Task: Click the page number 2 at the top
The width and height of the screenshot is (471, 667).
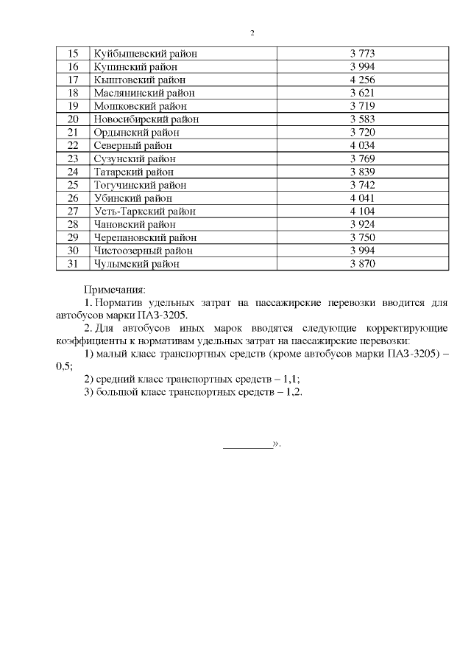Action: coord(252,33)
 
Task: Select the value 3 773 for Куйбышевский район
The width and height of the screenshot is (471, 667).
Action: coord(363,54)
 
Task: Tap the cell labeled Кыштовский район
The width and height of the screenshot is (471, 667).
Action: coord(140,80)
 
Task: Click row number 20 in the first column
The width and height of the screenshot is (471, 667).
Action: coord(73,119)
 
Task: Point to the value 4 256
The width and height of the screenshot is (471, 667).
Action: coord(363,80)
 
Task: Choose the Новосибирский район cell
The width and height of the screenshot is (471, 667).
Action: coord(146,119)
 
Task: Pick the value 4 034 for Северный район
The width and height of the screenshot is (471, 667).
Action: coord(363,145)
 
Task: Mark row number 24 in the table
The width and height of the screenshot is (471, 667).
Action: coord(73,172)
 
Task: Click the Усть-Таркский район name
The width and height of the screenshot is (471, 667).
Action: coord(145,211)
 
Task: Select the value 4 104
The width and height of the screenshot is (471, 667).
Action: coord(363,211)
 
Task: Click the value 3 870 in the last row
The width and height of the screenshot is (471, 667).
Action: coord(363,263)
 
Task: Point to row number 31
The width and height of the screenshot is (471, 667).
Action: coord(73,263)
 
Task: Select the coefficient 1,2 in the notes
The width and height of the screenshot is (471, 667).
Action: coord(294,392)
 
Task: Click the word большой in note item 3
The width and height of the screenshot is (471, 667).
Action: coord(118,392)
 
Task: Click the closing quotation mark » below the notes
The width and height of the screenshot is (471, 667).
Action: coord(277,444)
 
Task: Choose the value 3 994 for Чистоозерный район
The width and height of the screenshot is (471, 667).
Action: coord(363,250)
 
